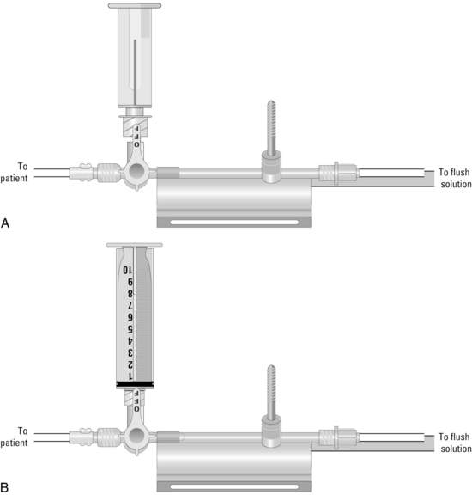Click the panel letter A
tap(5, 223)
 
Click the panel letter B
tap(5, 487)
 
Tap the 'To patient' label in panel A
tap(15, 173)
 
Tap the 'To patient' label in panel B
tap(15, 437)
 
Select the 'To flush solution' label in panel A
tap(456, 178)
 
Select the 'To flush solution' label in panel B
tap(456, 443)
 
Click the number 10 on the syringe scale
tap(128, 270)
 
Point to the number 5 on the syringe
tap(130, 329)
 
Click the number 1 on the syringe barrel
tap(130, 376)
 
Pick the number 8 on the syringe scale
tap(130, 294)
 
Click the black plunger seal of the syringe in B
tap(135, 384)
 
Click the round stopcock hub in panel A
tap(136, 171)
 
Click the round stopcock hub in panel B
tap(136, 436)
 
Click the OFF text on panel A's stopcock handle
tap(136, 136)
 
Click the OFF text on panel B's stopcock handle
tap(136, 400)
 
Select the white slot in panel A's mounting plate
tap(234, 223)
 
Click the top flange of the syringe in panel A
tap(135, 5)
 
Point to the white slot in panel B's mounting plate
tap(234, 486)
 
